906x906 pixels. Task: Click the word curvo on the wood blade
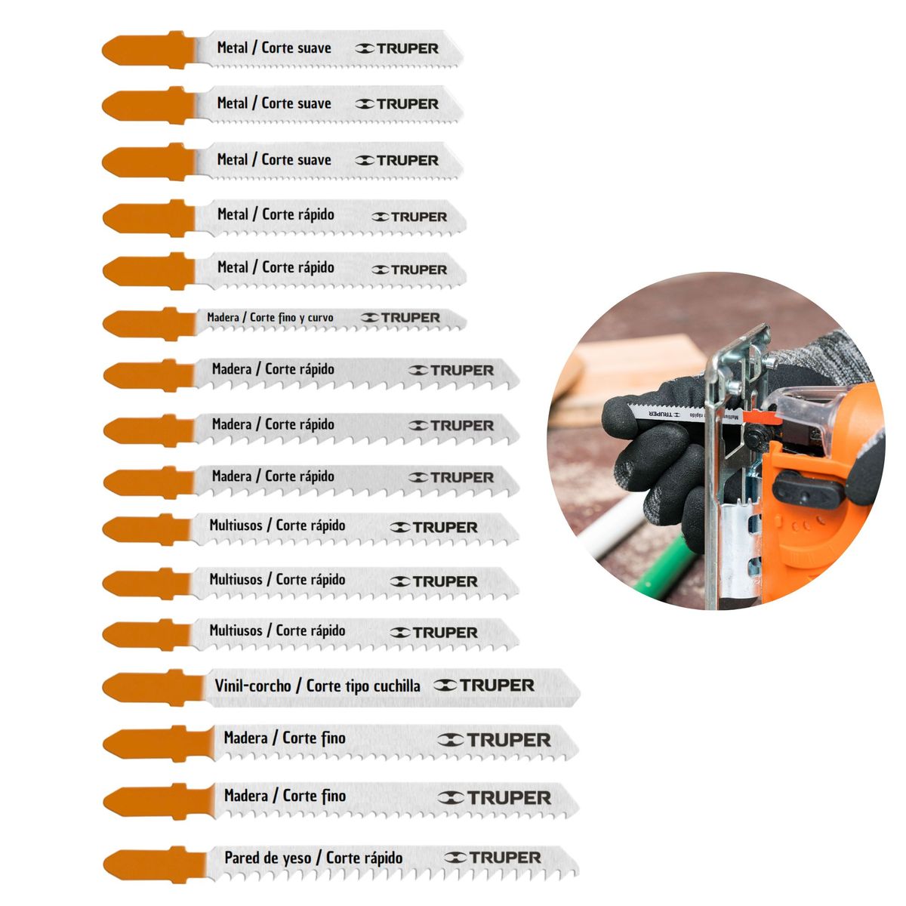pyautogui.click(x=320, y=318)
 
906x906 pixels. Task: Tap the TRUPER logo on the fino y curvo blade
pyautogui.click(x=401, y=318)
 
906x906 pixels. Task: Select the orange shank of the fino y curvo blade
pyautogui.click(x=149, y=324)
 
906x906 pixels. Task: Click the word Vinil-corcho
pyautogui.click(x=253, y=686)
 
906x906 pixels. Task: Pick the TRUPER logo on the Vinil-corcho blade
pyautogui.click(x=484, y=686)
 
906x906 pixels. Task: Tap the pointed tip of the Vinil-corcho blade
pyautogui.click(x=580, y=691)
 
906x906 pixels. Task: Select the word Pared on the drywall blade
pyautogui.click(x=242, y=858)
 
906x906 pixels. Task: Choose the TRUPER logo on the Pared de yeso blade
pyautogui.click(x=492, y=858)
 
